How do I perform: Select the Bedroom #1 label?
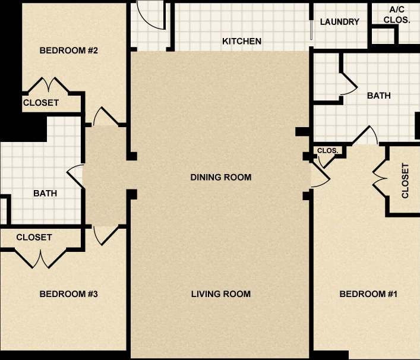[x=368, y=294]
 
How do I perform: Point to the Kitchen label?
[x=242, y=42]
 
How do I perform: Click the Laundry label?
[x=340, y=22]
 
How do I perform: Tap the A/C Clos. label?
[x=397, y=15]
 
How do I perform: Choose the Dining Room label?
[x=221, y=177]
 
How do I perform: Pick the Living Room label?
[x=221, y=294]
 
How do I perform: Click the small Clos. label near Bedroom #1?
[x=328, y=151]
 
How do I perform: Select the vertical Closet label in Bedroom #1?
[x=405, y=181]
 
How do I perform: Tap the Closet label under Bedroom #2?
[x=41, y=103]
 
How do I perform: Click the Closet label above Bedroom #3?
[x=34, y=237]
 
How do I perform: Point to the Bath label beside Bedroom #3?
[x=45, y=193]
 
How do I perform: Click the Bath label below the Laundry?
[x=378, y=96]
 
